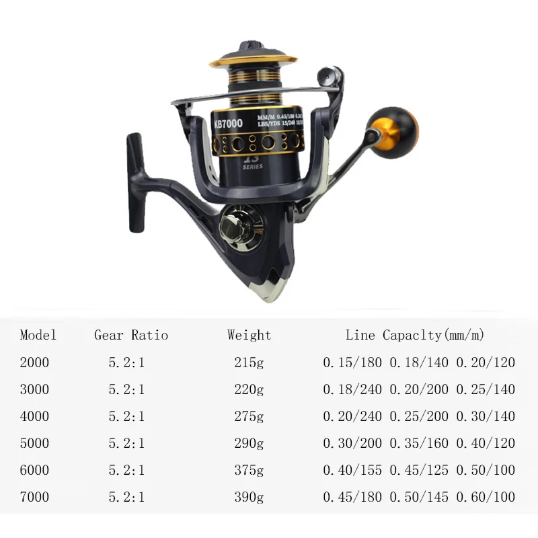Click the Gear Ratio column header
pos(131,335)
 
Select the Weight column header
pos(249,335)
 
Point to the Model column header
pos(38,335)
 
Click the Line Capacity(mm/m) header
pos(415,335)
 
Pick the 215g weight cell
pos(249,362)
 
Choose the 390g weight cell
pos(249,498)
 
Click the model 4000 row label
pos(35,416)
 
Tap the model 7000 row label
pos(35,498)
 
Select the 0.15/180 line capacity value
pos(352,362)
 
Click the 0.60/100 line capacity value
pos(486,498)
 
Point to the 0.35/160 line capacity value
pos(419,443)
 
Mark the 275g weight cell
pos(249,416)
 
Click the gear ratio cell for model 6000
pos(126,471)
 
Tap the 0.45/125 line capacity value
pos(419,471)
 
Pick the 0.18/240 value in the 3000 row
pos(352,389)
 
